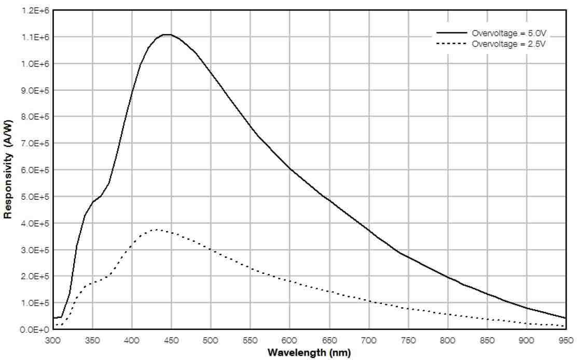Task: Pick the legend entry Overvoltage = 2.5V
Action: click(509, 44)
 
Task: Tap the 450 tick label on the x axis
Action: click(171, 340)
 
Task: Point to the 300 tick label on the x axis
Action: click(53, 340)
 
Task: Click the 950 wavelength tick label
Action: click(566, 340)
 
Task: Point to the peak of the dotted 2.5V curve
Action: click(156, 229)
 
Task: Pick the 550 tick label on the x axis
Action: click(250, 340)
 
